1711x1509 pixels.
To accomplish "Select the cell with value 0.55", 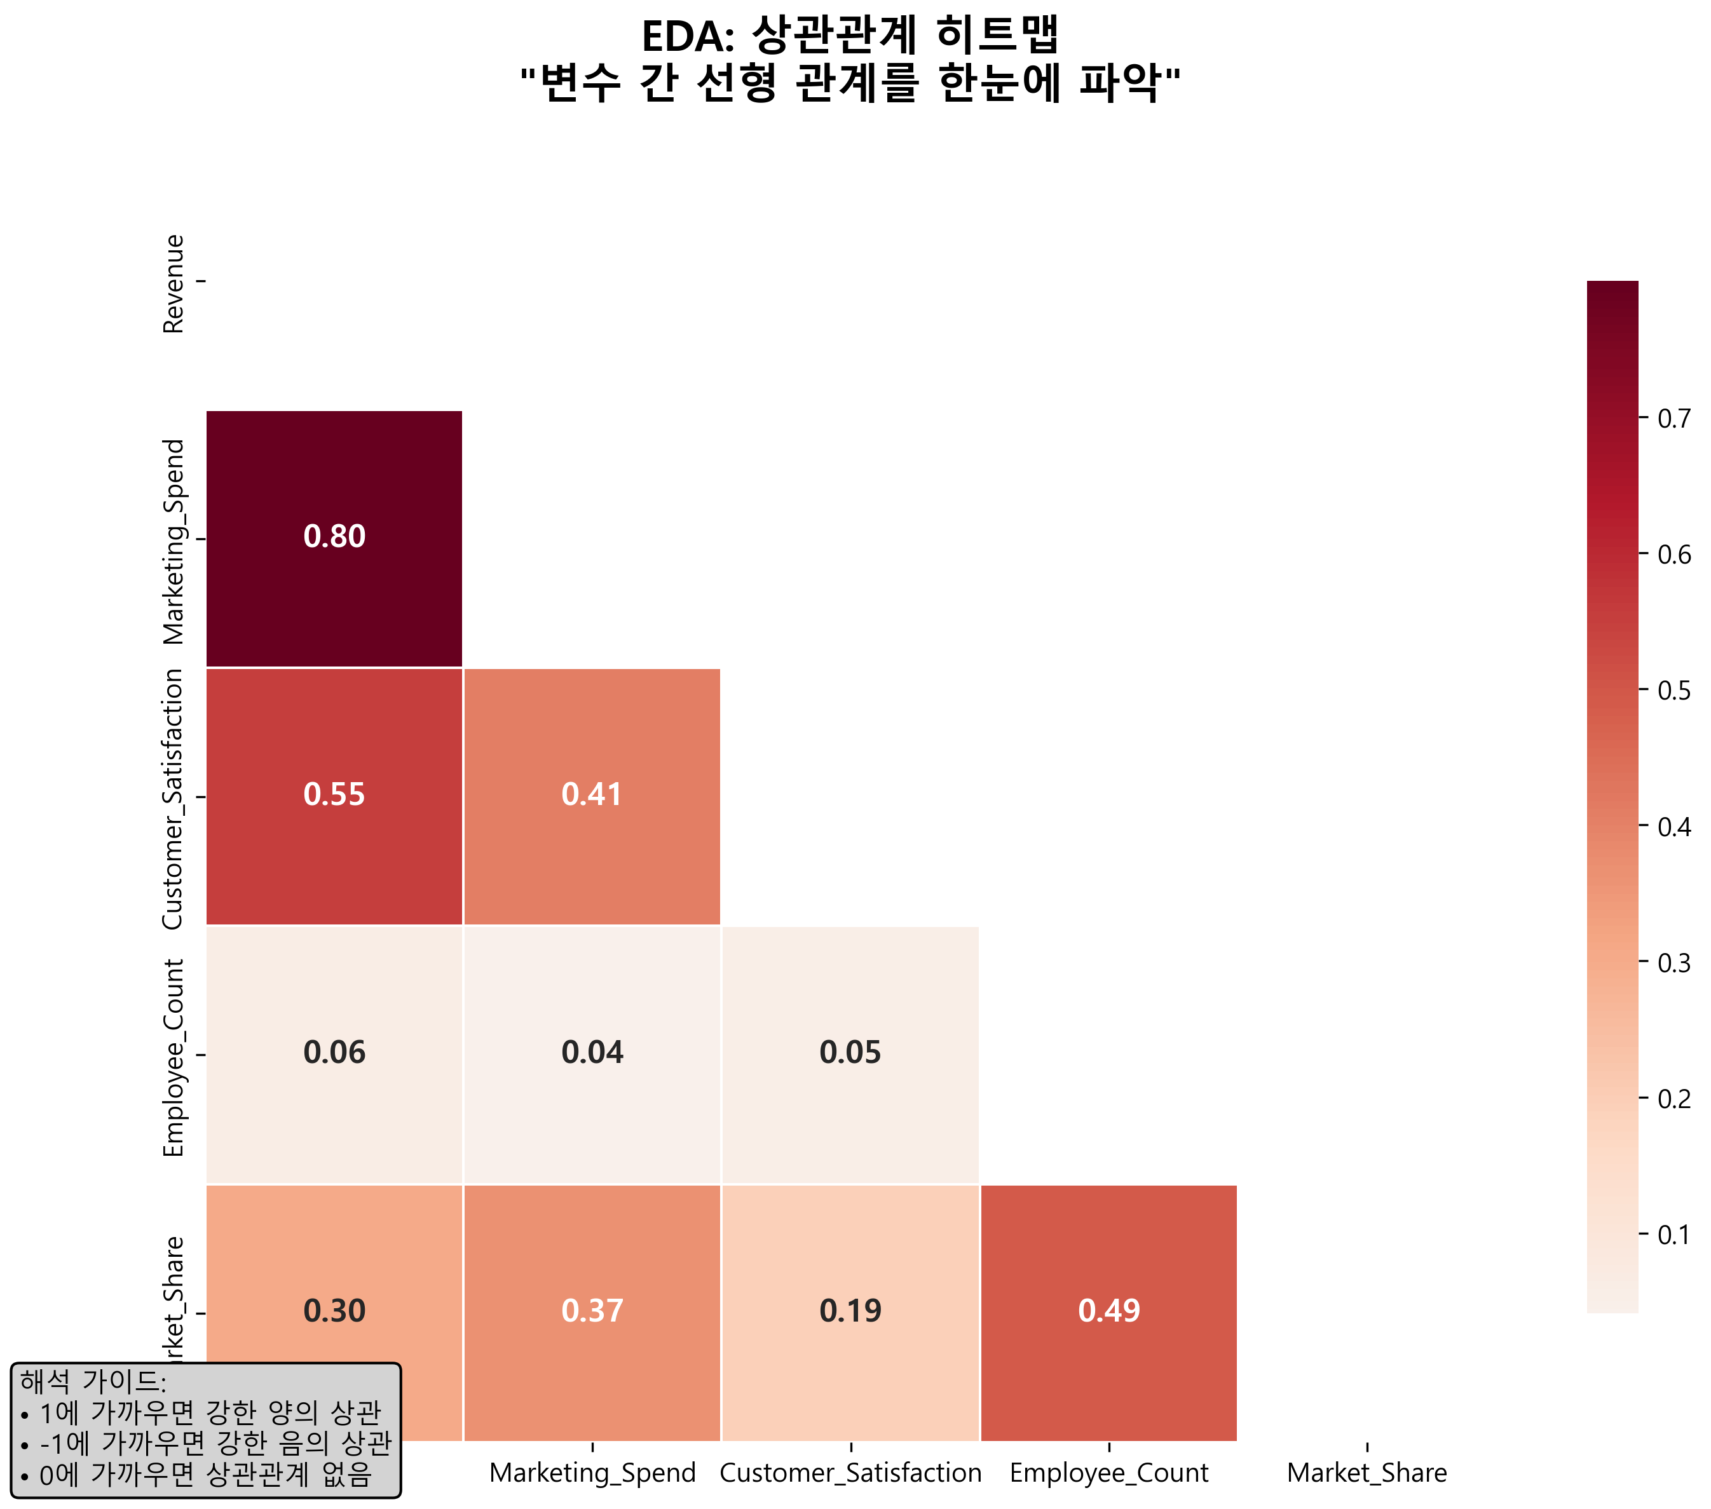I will tap(334, 795).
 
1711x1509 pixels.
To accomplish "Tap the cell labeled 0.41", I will tap(592, 795).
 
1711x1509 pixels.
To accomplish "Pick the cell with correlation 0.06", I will tap(334, 1053).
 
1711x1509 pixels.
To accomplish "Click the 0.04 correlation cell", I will tap(592, 1053).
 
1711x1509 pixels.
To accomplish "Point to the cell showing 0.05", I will tap(850, 1053).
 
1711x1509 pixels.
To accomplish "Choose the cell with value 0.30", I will tap(334, 1311).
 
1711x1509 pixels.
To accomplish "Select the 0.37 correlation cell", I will tap(592, 1311).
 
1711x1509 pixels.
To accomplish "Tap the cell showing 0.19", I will tap(850, 1311).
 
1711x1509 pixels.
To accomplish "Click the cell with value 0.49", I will tap(1108, 1311).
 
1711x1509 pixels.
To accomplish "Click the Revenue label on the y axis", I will tap(174, 284).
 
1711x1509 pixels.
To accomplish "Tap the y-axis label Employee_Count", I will tap(174, 1058).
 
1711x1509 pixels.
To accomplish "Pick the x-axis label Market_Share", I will tap(1366, 1473).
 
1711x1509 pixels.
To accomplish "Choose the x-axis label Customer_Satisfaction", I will tap(850, 1473).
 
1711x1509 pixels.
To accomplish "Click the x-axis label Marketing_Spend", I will tap(592, 1473).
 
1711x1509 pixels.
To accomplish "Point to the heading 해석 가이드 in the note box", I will tap(93, 1382).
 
